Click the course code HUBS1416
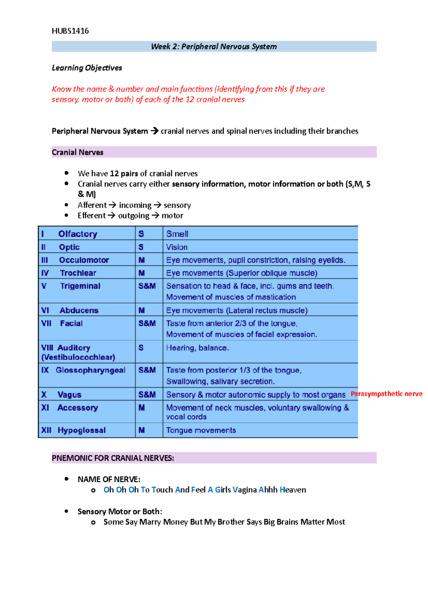click(x=70, y=31)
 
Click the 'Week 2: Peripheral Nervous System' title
click(x=214, y=46)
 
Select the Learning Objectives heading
click(x=87, y=68)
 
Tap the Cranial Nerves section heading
click(x=77, y=152)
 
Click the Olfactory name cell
click(x=78, y=234)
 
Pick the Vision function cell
click(x=177, y=247)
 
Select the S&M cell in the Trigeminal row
click(x=147, y=286)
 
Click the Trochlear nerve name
click(x=78, y=273)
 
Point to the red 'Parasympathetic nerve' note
click(x=386, y=394)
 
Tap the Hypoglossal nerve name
click(x=81, y=430)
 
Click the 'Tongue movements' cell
click(x=201, y=430)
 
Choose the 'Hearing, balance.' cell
click(x=197, y=348)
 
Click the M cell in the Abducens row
click(x=142, y=310)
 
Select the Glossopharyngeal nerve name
click(x=90, y=370)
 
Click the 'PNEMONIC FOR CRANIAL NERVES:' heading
click(x=113, y=458)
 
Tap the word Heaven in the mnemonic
click(x=293, y=490)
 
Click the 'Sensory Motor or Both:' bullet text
click(x=120, y=512)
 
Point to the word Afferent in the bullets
click(x=92, y=205)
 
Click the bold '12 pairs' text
click(x=124, y=174)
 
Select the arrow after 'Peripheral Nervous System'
click(x=154, y=131)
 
